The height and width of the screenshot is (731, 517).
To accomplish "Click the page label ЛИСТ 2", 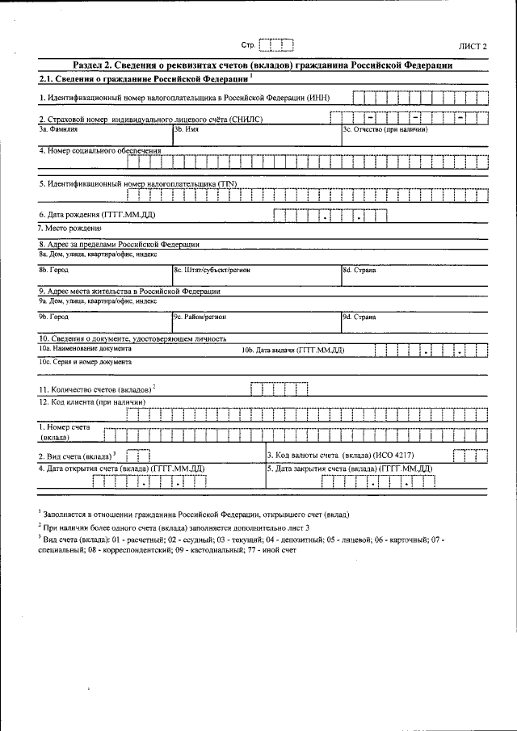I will click(x=473, y=47).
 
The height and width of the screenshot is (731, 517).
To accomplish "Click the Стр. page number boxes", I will click(x=276, y=45).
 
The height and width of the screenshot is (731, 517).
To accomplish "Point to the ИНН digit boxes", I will click(x=422, y=98).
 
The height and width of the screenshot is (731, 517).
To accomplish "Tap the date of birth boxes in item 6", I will click(x=330, y=215).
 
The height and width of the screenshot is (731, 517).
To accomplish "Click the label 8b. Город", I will click(x=53, y=271).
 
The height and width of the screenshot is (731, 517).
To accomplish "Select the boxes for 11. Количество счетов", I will click(x=279, y=389).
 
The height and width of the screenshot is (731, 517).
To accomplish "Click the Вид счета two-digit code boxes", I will click(x=138, y=456).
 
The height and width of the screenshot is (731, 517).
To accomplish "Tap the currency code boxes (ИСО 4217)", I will click(x=470, y=456).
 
